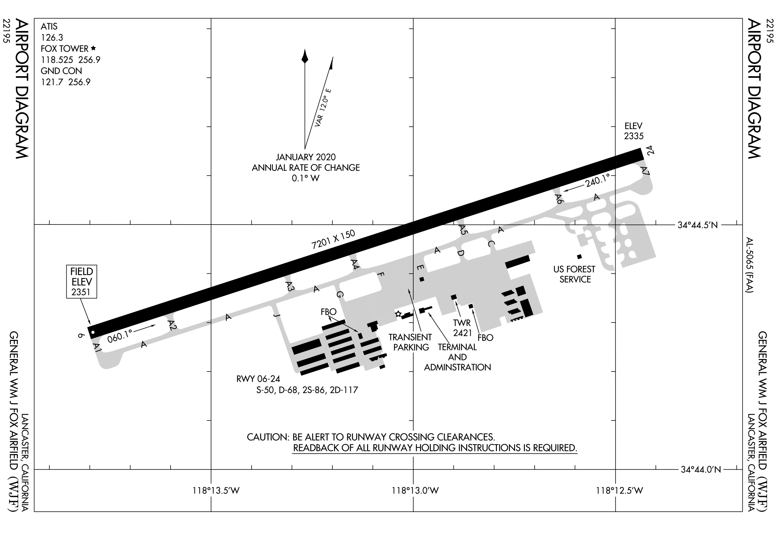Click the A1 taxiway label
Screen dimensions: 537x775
(x=97, y=347)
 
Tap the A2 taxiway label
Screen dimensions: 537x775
(x=172, y=325)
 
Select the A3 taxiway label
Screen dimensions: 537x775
(x=290, y=287)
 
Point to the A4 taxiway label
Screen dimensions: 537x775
(x=355, y=263)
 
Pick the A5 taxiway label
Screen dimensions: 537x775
(x=463, y=230)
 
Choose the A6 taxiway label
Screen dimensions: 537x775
(x=559, y=199)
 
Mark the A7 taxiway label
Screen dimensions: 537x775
(x=645, y=171)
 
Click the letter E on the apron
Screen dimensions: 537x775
(x=420, y=268)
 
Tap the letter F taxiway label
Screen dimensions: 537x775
(x=381, y=275)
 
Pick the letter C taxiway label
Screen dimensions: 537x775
(x=490, y=243)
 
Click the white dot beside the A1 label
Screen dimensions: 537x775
(x=93, y=332)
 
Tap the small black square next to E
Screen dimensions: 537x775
(x=421, y=279)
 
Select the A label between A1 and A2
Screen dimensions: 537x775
(x=144, y=344)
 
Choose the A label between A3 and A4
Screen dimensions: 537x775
(x=316, y=289)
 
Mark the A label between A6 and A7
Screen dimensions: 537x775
(x=596, y=198)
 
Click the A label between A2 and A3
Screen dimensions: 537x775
(x=229, y=317)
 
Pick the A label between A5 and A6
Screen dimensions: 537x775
(x=501, y=230)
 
